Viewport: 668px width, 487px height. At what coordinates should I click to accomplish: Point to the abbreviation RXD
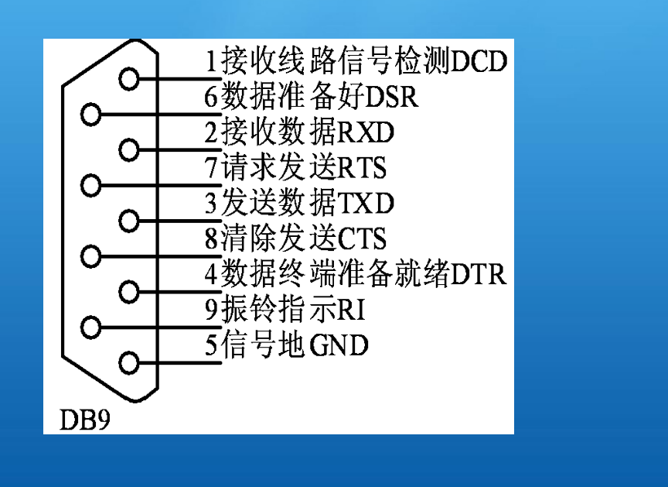366,132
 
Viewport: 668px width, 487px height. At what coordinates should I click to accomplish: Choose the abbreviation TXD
366,203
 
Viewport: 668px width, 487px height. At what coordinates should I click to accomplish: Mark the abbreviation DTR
479,273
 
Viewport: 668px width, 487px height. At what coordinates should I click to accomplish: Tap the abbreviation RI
352,309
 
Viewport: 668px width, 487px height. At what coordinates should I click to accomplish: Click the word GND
339,345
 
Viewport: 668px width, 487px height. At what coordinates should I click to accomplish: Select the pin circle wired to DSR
92,115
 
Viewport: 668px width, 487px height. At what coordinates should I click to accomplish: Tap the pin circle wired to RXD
129,149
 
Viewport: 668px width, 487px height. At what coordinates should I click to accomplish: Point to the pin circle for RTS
92,185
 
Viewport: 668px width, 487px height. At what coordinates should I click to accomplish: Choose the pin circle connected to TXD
129,220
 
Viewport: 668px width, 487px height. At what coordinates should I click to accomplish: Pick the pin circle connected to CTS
92,256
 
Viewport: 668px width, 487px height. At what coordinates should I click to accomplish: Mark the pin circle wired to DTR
129,292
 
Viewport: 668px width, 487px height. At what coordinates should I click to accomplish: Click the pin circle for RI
92,326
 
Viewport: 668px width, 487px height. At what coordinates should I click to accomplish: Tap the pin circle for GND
129,362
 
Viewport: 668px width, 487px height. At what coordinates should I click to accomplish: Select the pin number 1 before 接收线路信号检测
212,60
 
